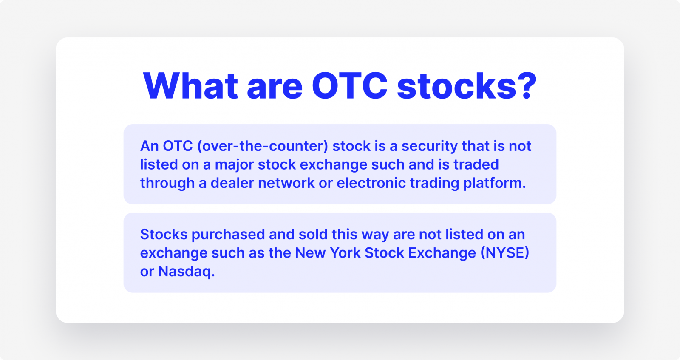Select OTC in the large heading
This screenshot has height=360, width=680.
350,85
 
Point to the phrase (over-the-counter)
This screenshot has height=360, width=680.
263,146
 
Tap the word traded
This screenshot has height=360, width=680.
476,164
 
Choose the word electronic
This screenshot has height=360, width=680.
371,183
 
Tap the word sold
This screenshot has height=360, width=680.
313,234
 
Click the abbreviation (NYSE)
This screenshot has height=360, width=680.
504,253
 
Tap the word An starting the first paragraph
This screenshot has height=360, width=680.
149,146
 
